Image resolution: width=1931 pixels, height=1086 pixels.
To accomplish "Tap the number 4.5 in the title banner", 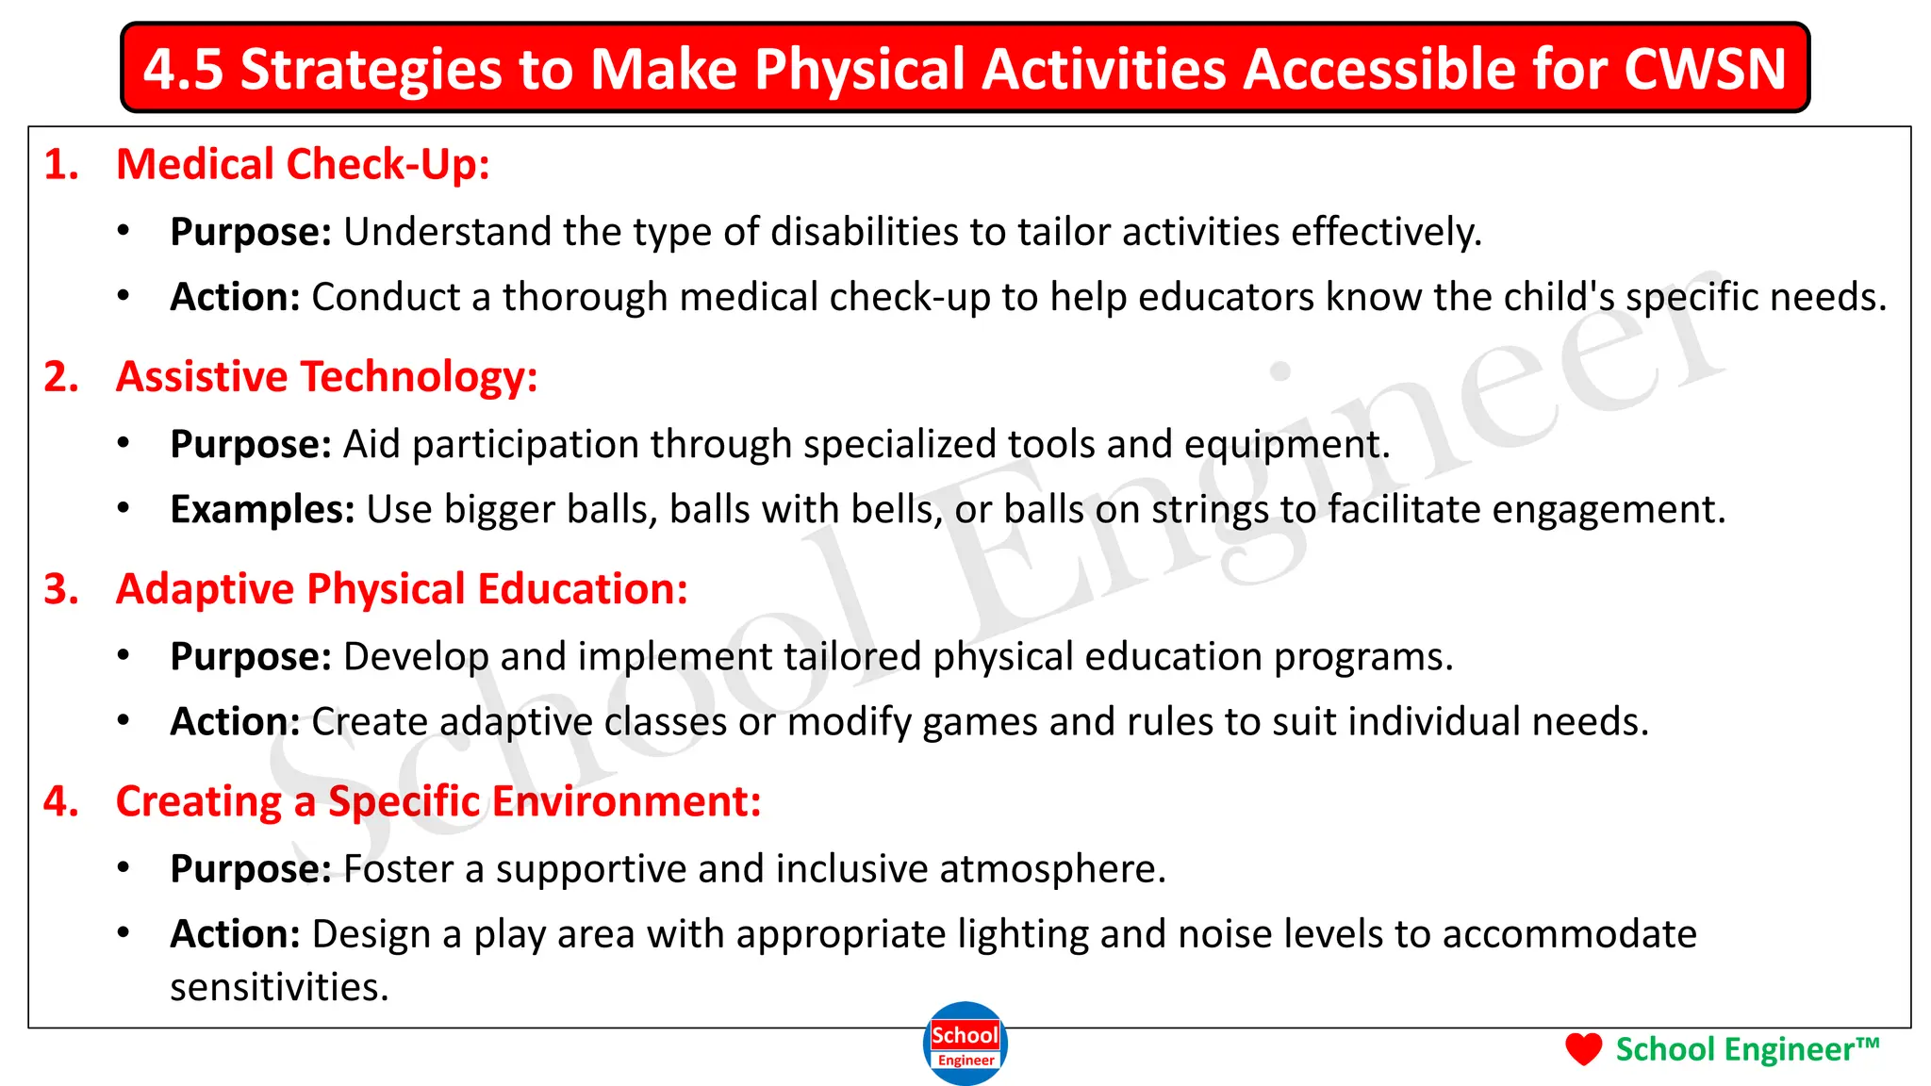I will click(183, 69).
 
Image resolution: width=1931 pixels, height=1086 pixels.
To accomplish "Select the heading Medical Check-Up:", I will click(303, 164).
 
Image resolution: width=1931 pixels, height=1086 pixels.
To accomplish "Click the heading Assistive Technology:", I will click(326, 376).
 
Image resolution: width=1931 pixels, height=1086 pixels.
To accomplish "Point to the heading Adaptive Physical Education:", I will click(402, 588).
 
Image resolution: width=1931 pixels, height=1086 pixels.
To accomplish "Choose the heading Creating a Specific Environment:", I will click(437, 801).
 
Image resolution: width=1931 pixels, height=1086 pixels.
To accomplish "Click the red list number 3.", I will click(61, 589).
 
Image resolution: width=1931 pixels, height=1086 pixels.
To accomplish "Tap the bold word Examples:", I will click(262, 509).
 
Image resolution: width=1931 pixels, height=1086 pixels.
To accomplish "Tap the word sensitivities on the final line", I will click(279, 988).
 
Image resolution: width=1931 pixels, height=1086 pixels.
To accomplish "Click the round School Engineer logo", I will click(965, 1044).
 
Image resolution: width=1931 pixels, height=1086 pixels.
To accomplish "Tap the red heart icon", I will click(1583, 1048).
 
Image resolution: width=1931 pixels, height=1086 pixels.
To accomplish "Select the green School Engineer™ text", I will click(1747, 1049).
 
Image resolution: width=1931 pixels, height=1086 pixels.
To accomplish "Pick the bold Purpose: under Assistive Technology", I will click(251, 444).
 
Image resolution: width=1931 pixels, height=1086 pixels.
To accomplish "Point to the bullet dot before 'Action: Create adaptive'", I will click(124, 720).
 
